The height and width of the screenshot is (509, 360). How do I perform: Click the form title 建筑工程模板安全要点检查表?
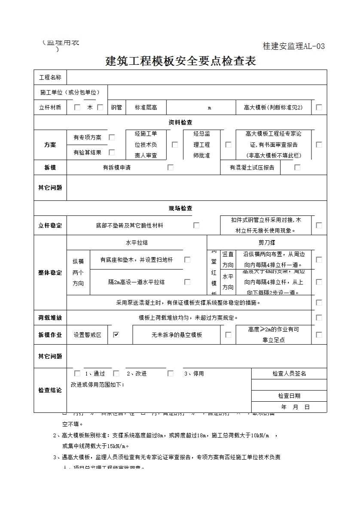(x=180, y=61)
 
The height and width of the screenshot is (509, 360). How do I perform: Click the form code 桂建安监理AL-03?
(x=294, y=46)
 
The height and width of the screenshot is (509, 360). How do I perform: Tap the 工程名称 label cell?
(x=50, y=78)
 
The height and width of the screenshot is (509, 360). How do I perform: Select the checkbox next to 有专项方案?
(x=112, y=137)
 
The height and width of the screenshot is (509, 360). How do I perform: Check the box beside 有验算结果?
(x=112, y=152)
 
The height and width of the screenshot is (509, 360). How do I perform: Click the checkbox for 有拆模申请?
(x=171, y=167)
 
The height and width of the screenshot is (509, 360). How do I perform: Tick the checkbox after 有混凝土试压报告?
(x=297, y=167)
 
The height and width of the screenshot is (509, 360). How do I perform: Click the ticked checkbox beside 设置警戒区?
(x=116, y=335)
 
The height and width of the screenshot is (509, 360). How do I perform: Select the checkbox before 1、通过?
(x=77, y=373)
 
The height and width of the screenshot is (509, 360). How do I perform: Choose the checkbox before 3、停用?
(x=171, y=373)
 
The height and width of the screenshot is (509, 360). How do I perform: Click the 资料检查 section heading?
(x=180, y=123)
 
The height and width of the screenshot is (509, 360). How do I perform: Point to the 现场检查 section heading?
(x=180, y=208)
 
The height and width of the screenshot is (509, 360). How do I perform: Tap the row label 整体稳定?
(x=50, y=273)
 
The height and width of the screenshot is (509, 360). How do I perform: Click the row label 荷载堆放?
(x=50, y=318)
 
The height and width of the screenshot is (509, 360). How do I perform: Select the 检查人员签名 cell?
(x=289, y=374)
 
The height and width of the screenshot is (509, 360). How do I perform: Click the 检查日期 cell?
(x=289, y=396)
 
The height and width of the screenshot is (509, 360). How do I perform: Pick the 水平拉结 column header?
(x=137, y=242)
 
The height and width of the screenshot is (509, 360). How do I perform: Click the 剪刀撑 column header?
(x=267, y=242)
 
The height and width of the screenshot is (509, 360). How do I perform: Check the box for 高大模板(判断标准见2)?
(x=319, y=107)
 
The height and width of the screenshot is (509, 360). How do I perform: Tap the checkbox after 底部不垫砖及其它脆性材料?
(x=196, y=225)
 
